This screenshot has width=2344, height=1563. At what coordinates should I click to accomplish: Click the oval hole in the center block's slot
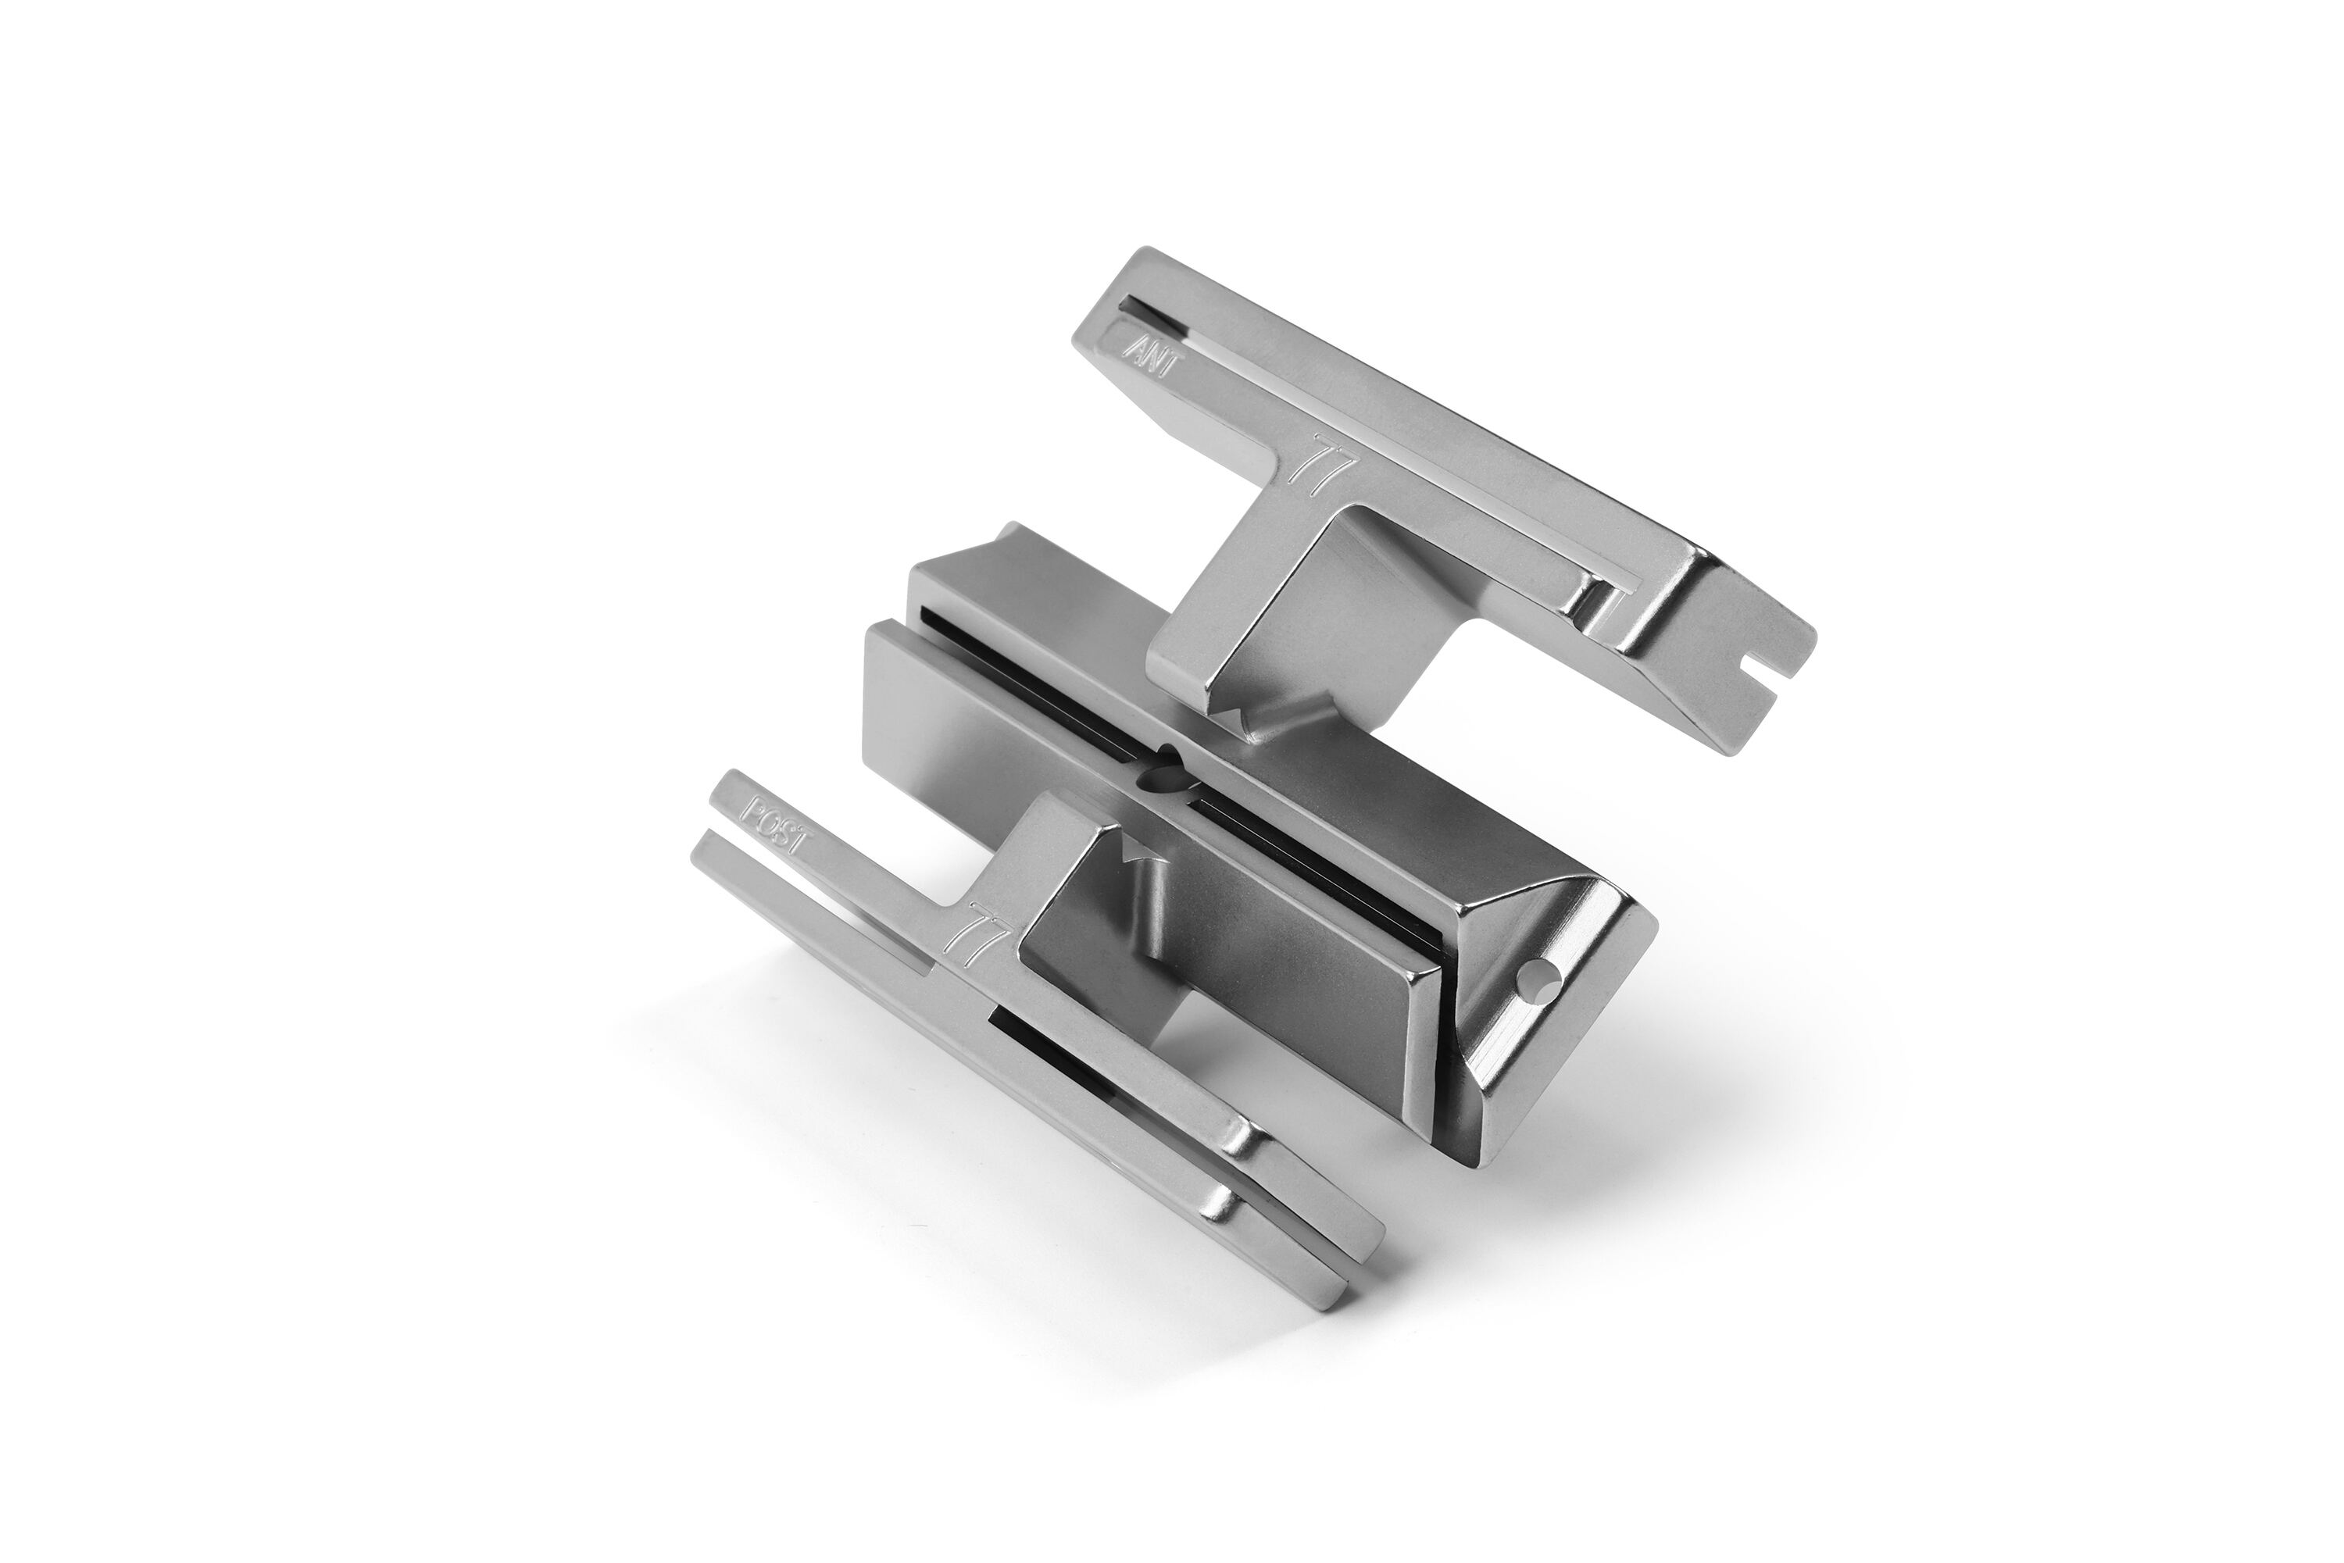[x=1164, y=779]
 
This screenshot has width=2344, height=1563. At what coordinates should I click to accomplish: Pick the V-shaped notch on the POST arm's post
[x=1134, y=848]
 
